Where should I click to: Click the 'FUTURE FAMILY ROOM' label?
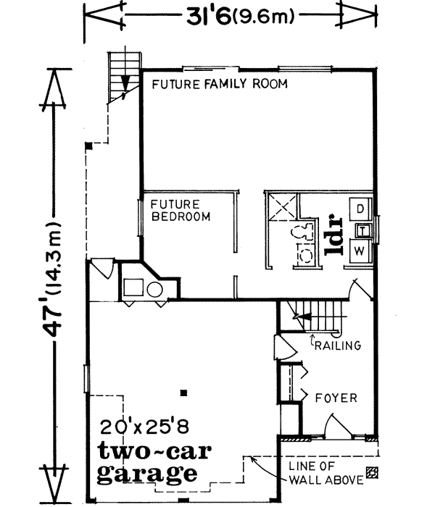click(220, 85)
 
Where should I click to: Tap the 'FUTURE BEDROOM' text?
click(176, 210)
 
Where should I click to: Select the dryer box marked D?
click(360, 209)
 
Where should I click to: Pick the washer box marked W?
click(360, 251)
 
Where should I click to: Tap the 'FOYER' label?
click(335, 398)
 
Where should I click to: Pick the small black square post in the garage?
click(183, 392)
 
